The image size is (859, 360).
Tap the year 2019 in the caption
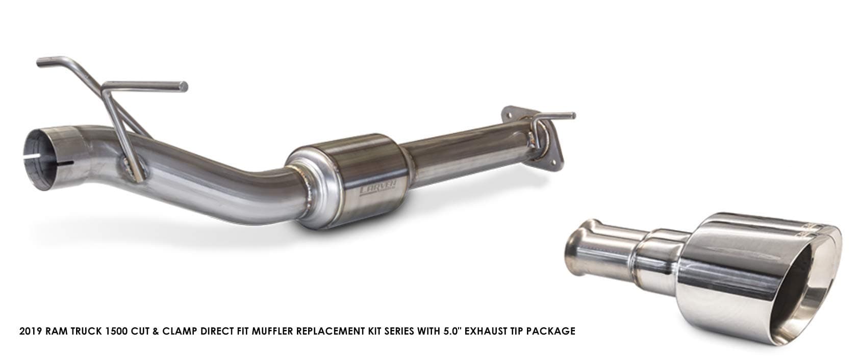31,331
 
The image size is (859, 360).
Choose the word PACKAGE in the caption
553,331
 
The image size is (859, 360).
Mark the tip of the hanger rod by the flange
573,116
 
